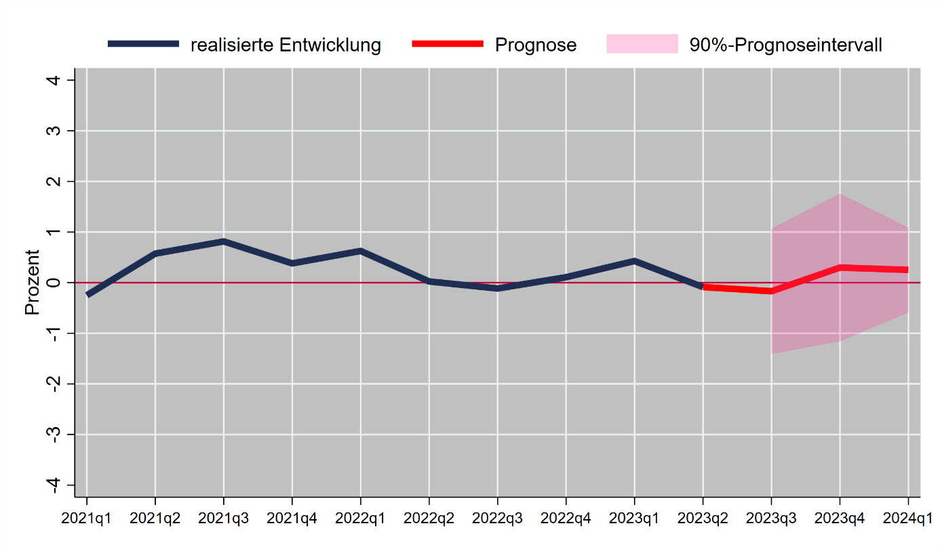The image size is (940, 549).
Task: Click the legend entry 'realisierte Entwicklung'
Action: [286, 45]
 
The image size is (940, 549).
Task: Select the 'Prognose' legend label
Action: [535, 45]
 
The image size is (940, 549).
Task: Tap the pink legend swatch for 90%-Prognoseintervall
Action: [642, 44]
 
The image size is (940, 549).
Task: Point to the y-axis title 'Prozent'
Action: [32, 283]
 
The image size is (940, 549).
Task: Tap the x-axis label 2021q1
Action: [87, 519]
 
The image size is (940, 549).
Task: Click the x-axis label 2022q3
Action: [498, 519]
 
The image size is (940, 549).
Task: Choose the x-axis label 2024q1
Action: [908, 519]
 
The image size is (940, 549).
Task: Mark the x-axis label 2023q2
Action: [703, 519]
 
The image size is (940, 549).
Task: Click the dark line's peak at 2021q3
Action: [224, 241]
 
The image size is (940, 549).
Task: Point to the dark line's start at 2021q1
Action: [87, 295]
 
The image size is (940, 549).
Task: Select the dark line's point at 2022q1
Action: [361, 251]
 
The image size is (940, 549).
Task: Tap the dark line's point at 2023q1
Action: [635, 261]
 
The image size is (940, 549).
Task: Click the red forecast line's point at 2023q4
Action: [840, 268]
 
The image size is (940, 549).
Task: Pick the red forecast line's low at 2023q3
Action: [772, 291]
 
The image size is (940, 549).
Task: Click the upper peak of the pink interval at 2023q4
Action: [840, 195]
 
